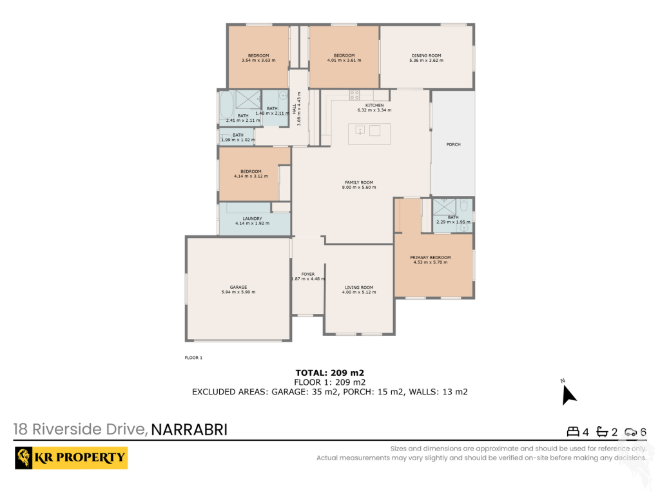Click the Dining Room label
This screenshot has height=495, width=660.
(x=427, y=55)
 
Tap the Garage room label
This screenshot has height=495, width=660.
(x=238, y=287)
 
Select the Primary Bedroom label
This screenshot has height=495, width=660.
(x=430, y=257)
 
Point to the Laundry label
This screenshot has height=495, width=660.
(x=252, y=218)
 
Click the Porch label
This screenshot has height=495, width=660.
(x=453, y=144)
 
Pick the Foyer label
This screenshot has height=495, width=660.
(x=307, y=274)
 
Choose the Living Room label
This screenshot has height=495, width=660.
(x=359, y=287)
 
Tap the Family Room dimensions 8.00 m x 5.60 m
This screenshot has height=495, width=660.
(x=359, y=188)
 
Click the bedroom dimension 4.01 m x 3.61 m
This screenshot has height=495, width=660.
(x=344, y=60)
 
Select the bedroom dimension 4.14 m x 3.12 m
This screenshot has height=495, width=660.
(x=251, y=177)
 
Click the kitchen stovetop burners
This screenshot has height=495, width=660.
(x=354, y=95)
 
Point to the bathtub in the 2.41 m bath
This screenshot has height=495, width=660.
(x=226, y=106)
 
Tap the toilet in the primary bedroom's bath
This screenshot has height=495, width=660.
(x=464, y=206)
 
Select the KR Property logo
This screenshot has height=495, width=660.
(x=71, y=458)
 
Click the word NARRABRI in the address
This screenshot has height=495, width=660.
(x=189, y=430)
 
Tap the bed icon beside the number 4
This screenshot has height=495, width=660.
(x=573, y=431)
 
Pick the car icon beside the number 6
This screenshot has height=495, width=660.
(x=630, y=432)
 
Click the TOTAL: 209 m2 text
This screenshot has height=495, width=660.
(x=329, y=373)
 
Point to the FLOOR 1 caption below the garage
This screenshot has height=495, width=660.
(x=193, y=358)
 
